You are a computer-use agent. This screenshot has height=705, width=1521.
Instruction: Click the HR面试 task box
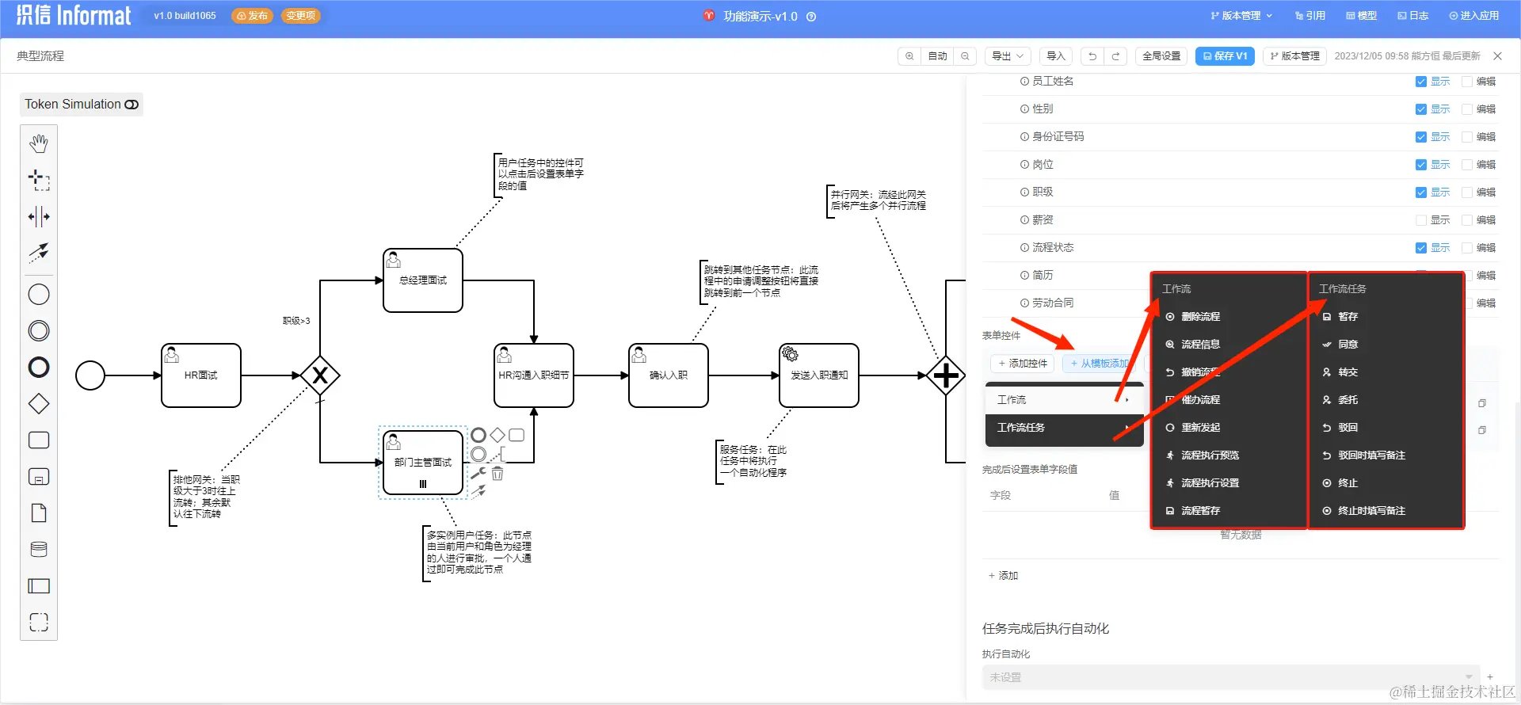200,375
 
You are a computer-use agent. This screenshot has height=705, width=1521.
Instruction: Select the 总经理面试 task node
422,280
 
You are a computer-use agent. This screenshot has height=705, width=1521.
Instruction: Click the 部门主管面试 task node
422,463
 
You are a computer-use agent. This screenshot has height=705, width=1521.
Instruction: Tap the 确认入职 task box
668,375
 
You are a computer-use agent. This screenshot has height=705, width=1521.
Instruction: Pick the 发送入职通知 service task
818,375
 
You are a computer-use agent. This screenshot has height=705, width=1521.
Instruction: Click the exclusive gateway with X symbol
320,375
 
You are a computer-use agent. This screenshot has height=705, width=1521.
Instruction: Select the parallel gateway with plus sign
946,375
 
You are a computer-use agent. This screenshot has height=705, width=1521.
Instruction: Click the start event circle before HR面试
90,375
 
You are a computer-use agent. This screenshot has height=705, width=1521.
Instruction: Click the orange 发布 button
253,16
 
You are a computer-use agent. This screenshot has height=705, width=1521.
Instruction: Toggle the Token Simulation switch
132,105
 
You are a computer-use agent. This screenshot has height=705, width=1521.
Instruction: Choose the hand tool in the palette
39,143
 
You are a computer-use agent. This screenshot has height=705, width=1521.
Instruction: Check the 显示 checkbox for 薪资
1420,220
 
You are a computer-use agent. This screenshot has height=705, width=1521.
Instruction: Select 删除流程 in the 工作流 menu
1200,317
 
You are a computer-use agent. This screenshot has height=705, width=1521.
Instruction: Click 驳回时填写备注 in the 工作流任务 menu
1371,455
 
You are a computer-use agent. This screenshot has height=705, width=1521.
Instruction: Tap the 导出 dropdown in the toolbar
1007,56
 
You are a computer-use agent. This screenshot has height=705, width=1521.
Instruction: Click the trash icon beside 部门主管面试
497,474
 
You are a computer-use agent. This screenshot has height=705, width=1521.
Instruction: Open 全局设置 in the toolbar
1161,56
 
